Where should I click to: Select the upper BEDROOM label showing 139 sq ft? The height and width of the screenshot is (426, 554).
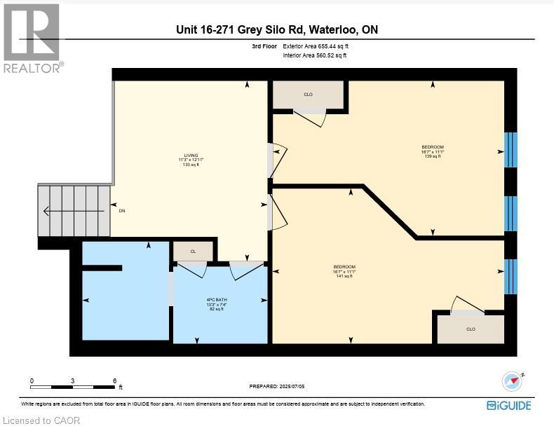pos(432,151)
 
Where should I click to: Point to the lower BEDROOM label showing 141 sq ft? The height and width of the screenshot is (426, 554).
pos(344,271)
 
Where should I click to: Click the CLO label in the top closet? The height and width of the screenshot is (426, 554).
pos(308,95)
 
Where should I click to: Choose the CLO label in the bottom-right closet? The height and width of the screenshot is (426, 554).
pos(471,329)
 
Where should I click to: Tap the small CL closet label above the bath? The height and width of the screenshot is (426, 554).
pos(193,251)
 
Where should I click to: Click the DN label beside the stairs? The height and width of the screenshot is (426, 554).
pos(122,210)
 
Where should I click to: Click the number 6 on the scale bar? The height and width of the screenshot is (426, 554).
pos(114,380)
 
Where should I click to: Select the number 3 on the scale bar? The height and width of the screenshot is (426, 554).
pos(73,380)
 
